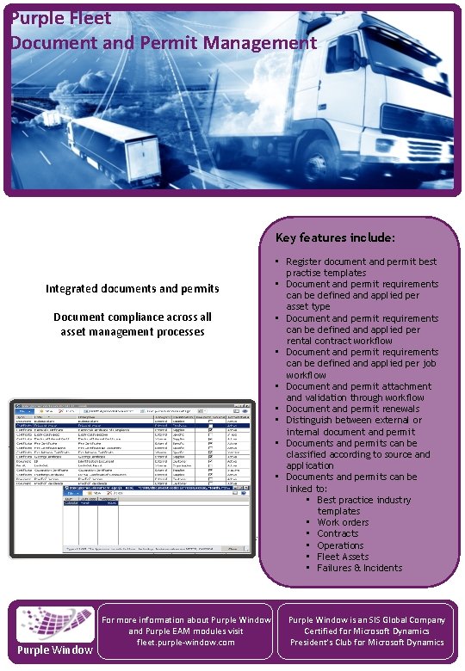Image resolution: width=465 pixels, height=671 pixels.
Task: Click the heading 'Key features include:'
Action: [x=335, y=237]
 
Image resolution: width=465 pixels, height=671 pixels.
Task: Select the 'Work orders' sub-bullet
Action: [x=342, y=522]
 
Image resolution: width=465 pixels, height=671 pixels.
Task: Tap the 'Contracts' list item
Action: [x=337, y=533]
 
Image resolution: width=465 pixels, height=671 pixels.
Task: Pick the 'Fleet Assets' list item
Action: [x=342, y=557]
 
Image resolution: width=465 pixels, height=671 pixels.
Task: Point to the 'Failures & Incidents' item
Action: [x=359, y=568]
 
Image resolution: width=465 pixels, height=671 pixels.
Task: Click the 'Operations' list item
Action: [x=339, y=545]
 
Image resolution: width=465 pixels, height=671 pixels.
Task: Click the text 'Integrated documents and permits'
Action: [x=132, y=288]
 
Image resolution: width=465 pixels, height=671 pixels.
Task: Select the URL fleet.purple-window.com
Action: [x=185, y=642]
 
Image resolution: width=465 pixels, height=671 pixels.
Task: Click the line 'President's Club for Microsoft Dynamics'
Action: [x=367, y=642]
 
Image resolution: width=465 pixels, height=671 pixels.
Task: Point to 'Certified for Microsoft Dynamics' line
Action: [x=367, y=631]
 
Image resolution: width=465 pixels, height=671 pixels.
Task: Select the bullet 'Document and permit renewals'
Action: [x=352, y=409]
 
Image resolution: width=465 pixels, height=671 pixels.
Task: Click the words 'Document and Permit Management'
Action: [x=163, y=42]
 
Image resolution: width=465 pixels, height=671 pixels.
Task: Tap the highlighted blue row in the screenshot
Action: [x=129, y=425]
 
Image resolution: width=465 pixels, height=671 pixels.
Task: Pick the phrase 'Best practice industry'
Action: [x=363, y=500]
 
